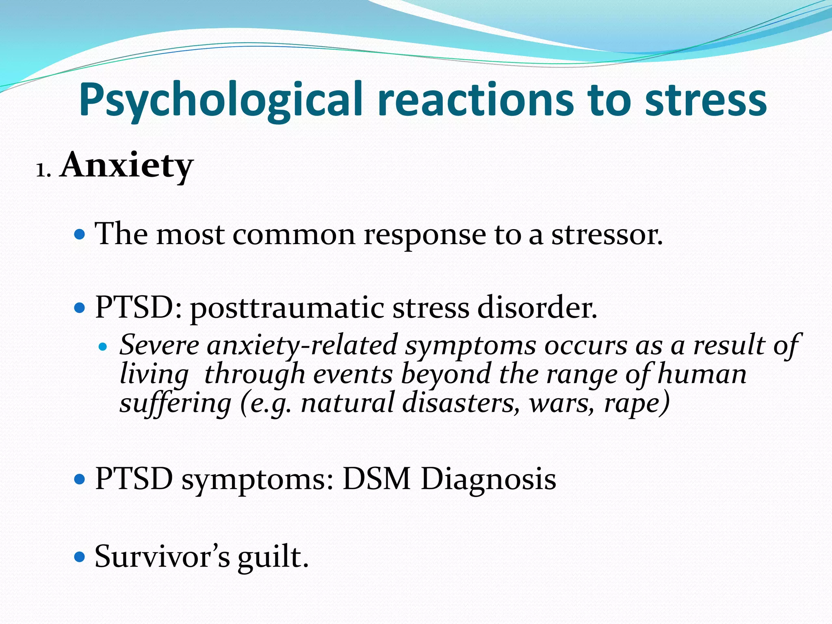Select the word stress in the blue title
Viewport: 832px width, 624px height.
coord(706,100)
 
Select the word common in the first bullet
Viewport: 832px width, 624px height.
coord(294,235)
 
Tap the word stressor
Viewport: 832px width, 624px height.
coord(607,235)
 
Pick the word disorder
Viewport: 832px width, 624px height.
coord(537,308)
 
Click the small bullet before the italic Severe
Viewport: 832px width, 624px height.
coord(103,347)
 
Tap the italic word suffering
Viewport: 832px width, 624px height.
coord(175,403)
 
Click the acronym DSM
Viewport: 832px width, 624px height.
coord(376,479)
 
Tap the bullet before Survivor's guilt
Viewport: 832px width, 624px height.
coord(80,556)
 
